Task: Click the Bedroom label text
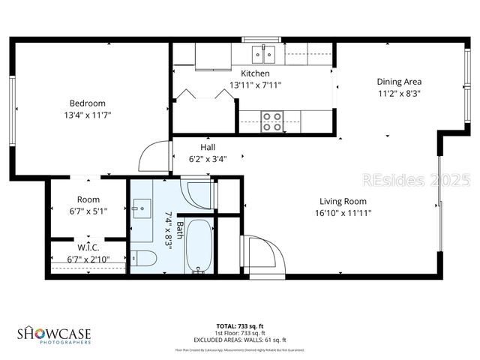point(88,103)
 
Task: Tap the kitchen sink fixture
point(264,52)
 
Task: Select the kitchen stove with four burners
point(272,121)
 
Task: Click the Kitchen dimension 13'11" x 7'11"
point(255,85)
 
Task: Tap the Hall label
point(208,147)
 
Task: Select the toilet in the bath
point(144,259)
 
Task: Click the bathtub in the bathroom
point(199,246)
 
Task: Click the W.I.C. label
point(88,247)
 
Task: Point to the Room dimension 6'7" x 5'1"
point(88,211)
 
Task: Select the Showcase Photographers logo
point(54,334)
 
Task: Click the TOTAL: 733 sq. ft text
point(239,325)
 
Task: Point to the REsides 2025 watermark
point(415,180)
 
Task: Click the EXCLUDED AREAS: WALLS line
point(239,338)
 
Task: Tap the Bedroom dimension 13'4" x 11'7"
point(88,115)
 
